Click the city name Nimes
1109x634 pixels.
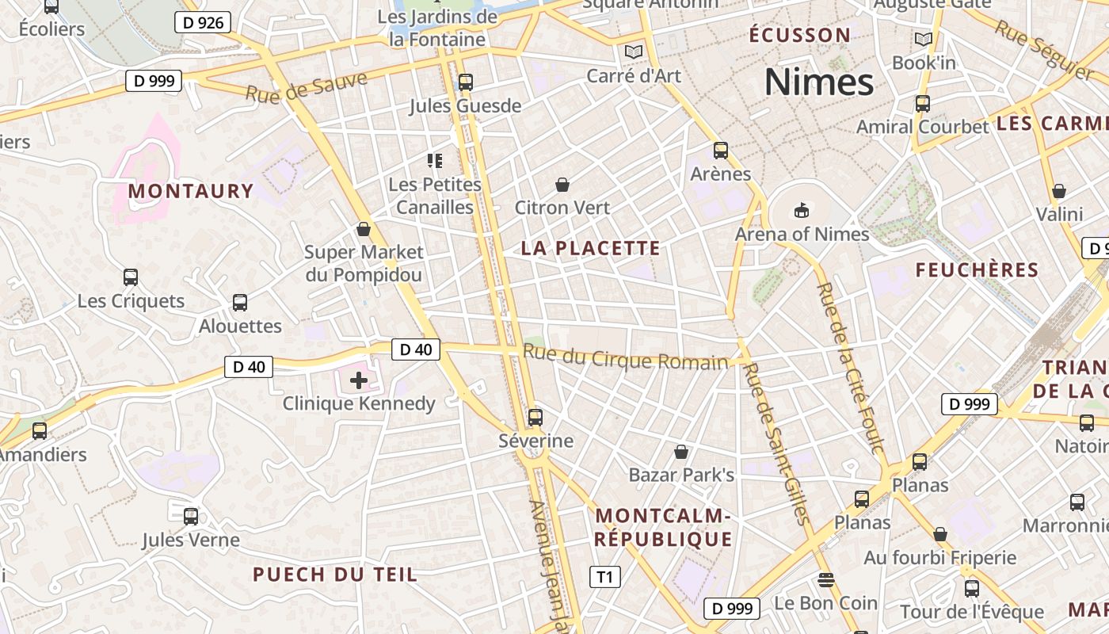(819, 82)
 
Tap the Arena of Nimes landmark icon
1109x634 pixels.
(802, 210)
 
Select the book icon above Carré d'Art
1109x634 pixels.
(633, 52)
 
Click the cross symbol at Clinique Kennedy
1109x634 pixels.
(359, 380)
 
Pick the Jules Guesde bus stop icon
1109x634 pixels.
(465, 82)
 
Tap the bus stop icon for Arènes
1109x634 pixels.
(720, 150)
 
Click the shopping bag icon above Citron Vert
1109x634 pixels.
(562, 185)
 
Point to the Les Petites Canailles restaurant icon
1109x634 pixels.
(434, 161)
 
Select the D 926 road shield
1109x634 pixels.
(203, 22)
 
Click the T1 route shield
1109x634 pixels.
(605, 577)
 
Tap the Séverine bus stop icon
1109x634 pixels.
(535, 417)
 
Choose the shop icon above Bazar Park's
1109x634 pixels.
(681, 452)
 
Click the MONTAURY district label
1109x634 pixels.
(190, 191)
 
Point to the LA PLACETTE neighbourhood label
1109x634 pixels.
(590, 248)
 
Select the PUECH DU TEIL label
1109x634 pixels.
(334, 575)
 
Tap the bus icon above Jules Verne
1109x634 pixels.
(191, 517)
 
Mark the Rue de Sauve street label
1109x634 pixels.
(307, 86)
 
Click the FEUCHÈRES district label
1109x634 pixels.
(977, 270)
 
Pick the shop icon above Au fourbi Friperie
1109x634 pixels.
(940, 534)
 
